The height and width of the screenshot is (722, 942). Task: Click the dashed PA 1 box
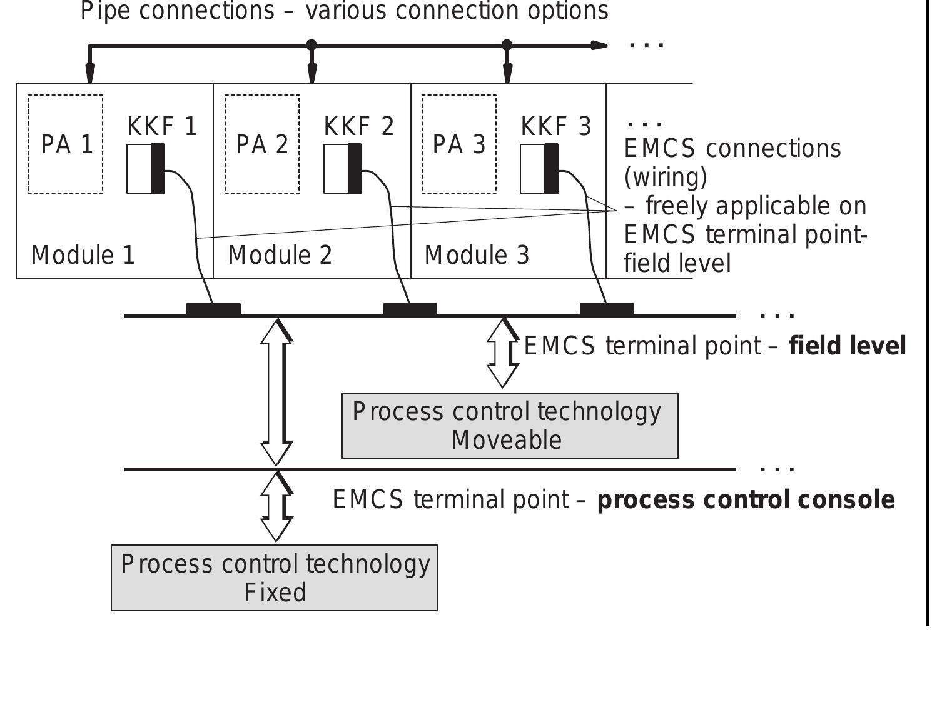[x=66, y=144]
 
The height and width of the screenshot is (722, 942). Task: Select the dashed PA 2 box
[x=262, y=144]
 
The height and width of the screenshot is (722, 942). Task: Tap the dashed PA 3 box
[x=459, y=144]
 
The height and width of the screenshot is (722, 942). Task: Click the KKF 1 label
[x=162, y=126]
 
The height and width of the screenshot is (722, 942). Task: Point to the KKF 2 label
[x=359, y=126]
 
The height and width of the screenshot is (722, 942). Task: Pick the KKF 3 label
[x=555, y=126]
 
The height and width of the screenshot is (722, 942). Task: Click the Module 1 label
[x=83, y=255]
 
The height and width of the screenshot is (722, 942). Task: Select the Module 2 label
[x=280, y=255]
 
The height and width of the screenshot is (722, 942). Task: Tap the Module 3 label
[x=477, y=255]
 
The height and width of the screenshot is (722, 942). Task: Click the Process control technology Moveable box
[x=509, y=426]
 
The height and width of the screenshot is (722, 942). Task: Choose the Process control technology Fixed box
[x=275, y=578]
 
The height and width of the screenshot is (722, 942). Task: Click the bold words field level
[x=848, y=346]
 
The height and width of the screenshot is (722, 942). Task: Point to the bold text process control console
[x=746, y=500]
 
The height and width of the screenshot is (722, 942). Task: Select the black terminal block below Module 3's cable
[x=607, y=309]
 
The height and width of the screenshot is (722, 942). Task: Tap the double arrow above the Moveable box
[x=503, y=353]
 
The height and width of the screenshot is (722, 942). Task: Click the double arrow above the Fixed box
[x=276, y=506]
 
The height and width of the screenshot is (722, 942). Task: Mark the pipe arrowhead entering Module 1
[x=90, y=74]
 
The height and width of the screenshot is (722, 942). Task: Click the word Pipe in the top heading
[x=105, y=11]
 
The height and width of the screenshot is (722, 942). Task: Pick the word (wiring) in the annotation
[x=666, y=177]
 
